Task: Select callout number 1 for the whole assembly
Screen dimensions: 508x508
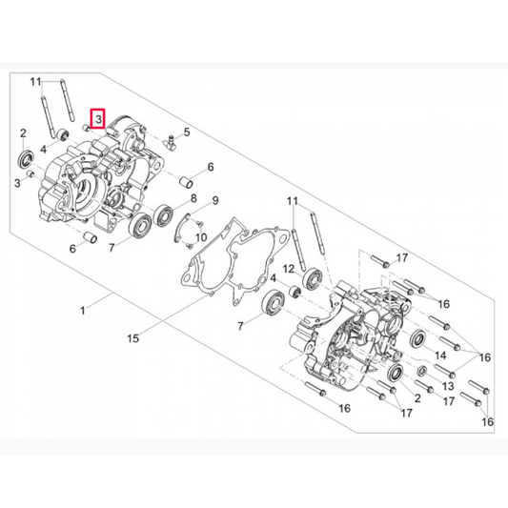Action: (x=84, y=311)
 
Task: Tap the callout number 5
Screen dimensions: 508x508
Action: (x=188, y=132)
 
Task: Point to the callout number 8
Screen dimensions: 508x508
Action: (x=193, y=198)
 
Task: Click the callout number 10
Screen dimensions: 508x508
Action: (x=202, y=236)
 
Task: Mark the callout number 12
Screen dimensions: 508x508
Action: (x=290, y=270)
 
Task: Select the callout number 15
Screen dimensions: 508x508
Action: (x=133, y=337)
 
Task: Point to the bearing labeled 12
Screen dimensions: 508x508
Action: (x=311, y=279)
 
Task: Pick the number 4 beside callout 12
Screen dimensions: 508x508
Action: (x=274, y=277)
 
